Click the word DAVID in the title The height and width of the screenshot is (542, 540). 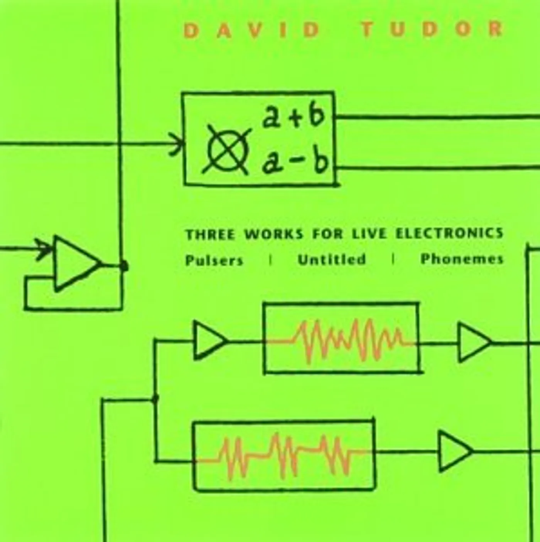(x=251, y=30)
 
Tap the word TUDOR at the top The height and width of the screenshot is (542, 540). (x=432, y=29)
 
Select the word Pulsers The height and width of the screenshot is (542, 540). (x=214, y=260)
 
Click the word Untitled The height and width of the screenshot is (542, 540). (x=332, y=259)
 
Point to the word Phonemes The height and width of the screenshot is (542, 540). (x=462, y=259)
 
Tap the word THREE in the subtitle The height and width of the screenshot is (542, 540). (x=210, y=235)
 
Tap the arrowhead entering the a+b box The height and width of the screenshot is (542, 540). (x=178, y=144)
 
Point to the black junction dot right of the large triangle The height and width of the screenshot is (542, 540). (x=124, y=265)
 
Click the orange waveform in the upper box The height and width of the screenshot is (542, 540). (x=347, y=341)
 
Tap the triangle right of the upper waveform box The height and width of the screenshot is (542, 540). (x=472, y=343)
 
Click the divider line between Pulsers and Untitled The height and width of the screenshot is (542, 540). (x=270, y=260)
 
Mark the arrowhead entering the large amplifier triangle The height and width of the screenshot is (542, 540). (x=44, y=247)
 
